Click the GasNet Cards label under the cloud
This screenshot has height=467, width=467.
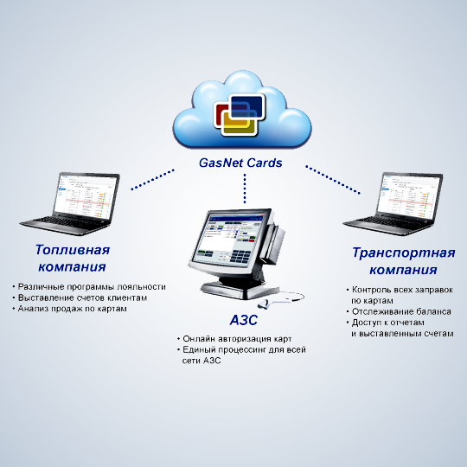tap(240, 163)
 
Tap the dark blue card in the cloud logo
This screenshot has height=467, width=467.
tap(248, 106)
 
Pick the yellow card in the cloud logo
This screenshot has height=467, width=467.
tap(240, 126)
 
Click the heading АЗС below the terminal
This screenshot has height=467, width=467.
tap(244, 321)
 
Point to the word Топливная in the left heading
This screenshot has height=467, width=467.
tap(73, 250)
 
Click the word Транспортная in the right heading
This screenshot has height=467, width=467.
tap(404, 253)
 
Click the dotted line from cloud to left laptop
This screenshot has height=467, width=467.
tap(153, 180)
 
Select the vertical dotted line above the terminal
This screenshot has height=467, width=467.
tap(245, 189)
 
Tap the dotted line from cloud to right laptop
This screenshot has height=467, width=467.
tap(333, 180)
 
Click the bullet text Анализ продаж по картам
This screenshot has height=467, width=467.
tap(72, 309)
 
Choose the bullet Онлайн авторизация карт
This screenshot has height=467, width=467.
tap(237, 339)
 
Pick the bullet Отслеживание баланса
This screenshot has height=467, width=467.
tap(401, 311)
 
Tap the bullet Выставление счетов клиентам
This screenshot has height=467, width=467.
tap(82, 297)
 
